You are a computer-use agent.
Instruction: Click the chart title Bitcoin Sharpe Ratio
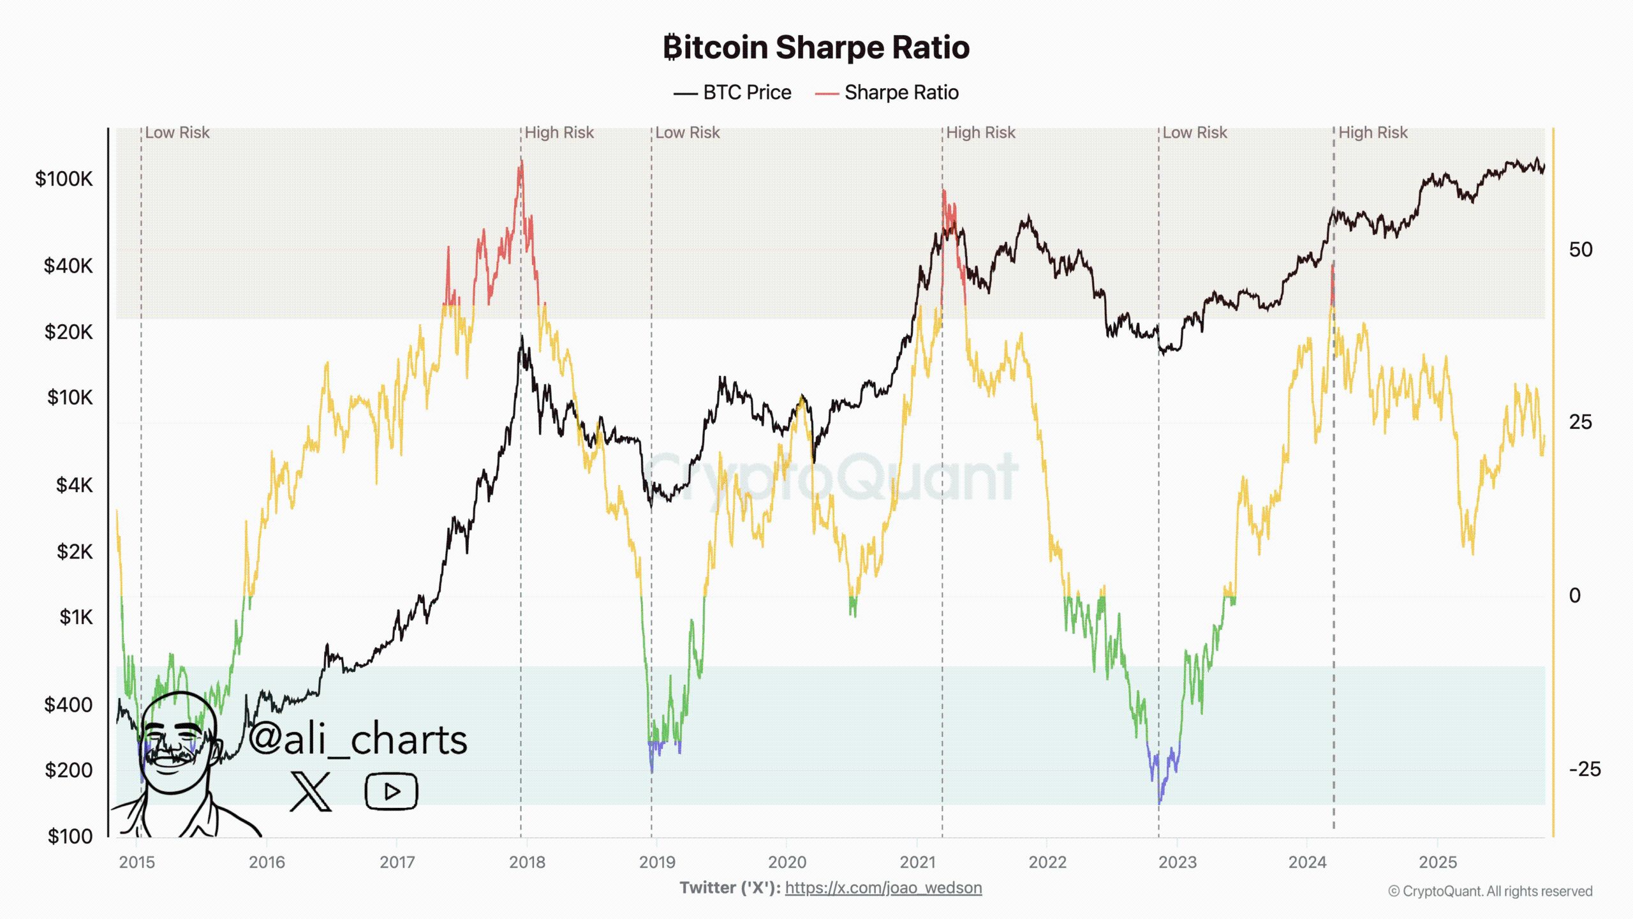(816, 48)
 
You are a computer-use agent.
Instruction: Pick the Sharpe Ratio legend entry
(887, 93)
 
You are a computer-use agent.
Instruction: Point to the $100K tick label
(64, 179)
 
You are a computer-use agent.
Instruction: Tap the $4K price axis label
(74, 486)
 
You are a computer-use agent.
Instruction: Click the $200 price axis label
(68, 770)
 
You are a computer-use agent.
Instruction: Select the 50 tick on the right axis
(1580, 250)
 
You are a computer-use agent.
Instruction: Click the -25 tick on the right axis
(1585, 769)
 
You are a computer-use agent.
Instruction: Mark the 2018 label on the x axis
(527, 862)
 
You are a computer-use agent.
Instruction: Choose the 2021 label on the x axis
(917, 862)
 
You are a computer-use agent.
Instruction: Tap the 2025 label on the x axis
(1438, 862)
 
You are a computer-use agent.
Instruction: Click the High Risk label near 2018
(559, 133)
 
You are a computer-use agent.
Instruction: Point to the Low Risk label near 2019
(687, 133)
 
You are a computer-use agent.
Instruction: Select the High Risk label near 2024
(1372, 133)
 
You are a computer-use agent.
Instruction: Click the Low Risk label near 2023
(1194, 133)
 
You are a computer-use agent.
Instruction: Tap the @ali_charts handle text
(358, 739)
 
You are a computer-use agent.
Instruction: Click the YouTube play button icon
(391, 791)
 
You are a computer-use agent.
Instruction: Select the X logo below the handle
(311, 791)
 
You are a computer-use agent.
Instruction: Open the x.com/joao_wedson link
(883, 888)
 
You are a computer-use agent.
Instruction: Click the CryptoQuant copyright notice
(1490, 892)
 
